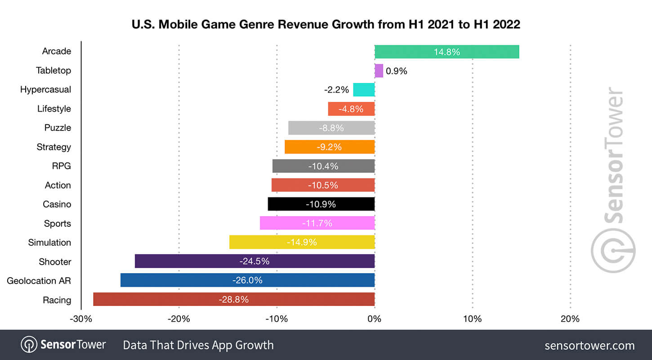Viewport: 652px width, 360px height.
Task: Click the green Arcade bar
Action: tap(447, 52)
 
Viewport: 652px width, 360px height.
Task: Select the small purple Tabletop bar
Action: tap(379, 71)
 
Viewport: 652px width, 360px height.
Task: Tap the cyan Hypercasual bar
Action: tap(364, 90)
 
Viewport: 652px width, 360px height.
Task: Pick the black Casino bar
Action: tap(321, 204)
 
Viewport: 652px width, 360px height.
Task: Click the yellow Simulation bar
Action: tap(302, 242)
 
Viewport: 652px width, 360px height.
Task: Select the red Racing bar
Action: tap(234, 299)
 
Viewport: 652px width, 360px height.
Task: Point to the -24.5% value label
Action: tap(255, 261)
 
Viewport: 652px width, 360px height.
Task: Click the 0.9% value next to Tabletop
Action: tap(396, 71)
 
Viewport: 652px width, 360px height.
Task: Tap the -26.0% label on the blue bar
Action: tap(247, 280)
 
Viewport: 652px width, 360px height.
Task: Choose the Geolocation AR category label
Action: tap(39, 281)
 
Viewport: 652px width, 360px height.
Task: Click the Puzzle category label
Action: tap(58, 128)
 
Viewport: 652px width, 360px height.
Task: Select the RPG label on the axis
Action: tap(61, 166)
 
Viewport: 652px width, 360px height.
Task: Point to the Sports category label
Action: tap(57, 224)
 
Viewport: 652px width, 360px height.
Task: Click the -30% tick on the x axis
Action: tap(81, 319)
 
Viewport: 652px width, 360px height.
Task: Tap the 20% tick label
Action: tap(570, 319)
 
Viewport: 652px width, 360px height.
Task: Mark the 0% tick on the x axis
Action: tap(374, 319)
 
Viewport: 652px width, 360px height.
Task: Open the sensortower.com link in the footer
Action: tap(589, 346)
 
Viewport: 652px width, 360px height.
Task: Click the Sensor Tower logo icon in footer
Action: tap(29, 345)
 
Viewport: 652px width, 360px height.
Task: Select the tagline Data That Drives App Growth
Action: tap(198, 345)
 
